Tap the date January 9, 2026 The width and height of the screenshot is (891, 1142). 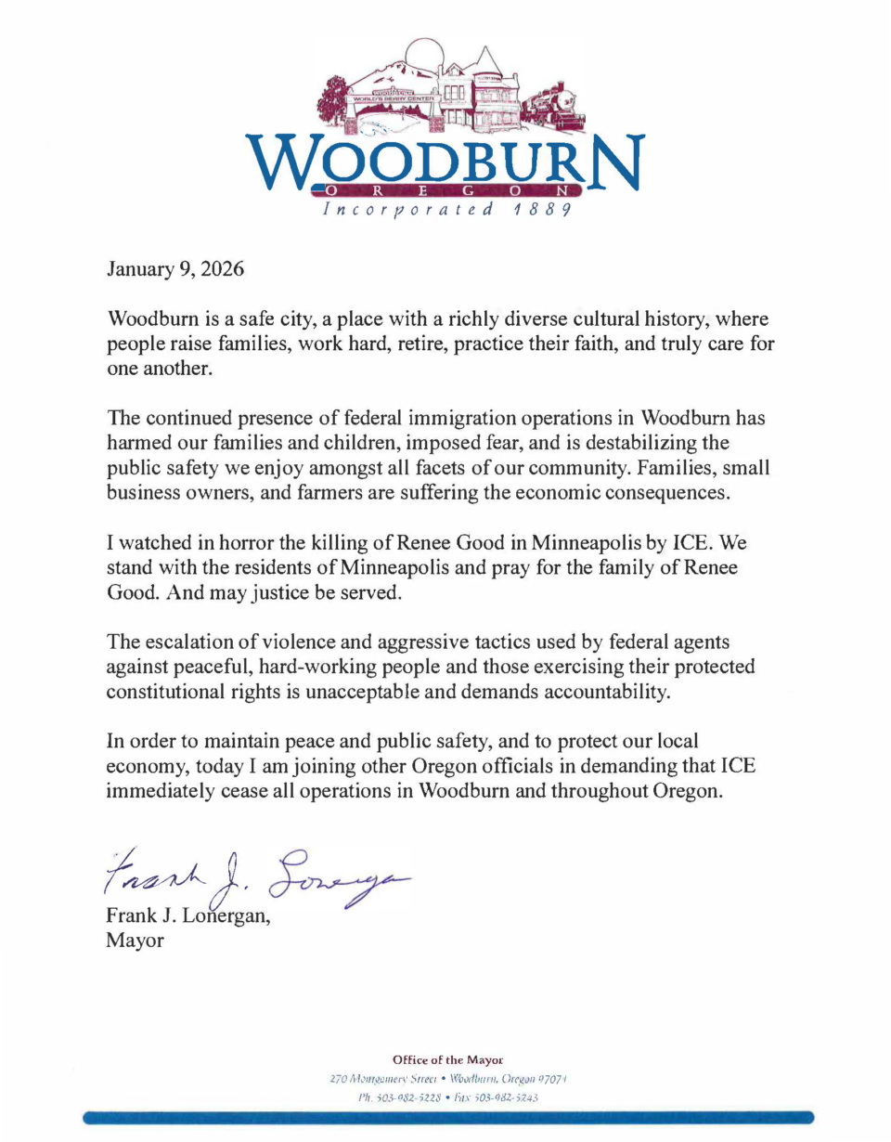pos(175,272)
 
